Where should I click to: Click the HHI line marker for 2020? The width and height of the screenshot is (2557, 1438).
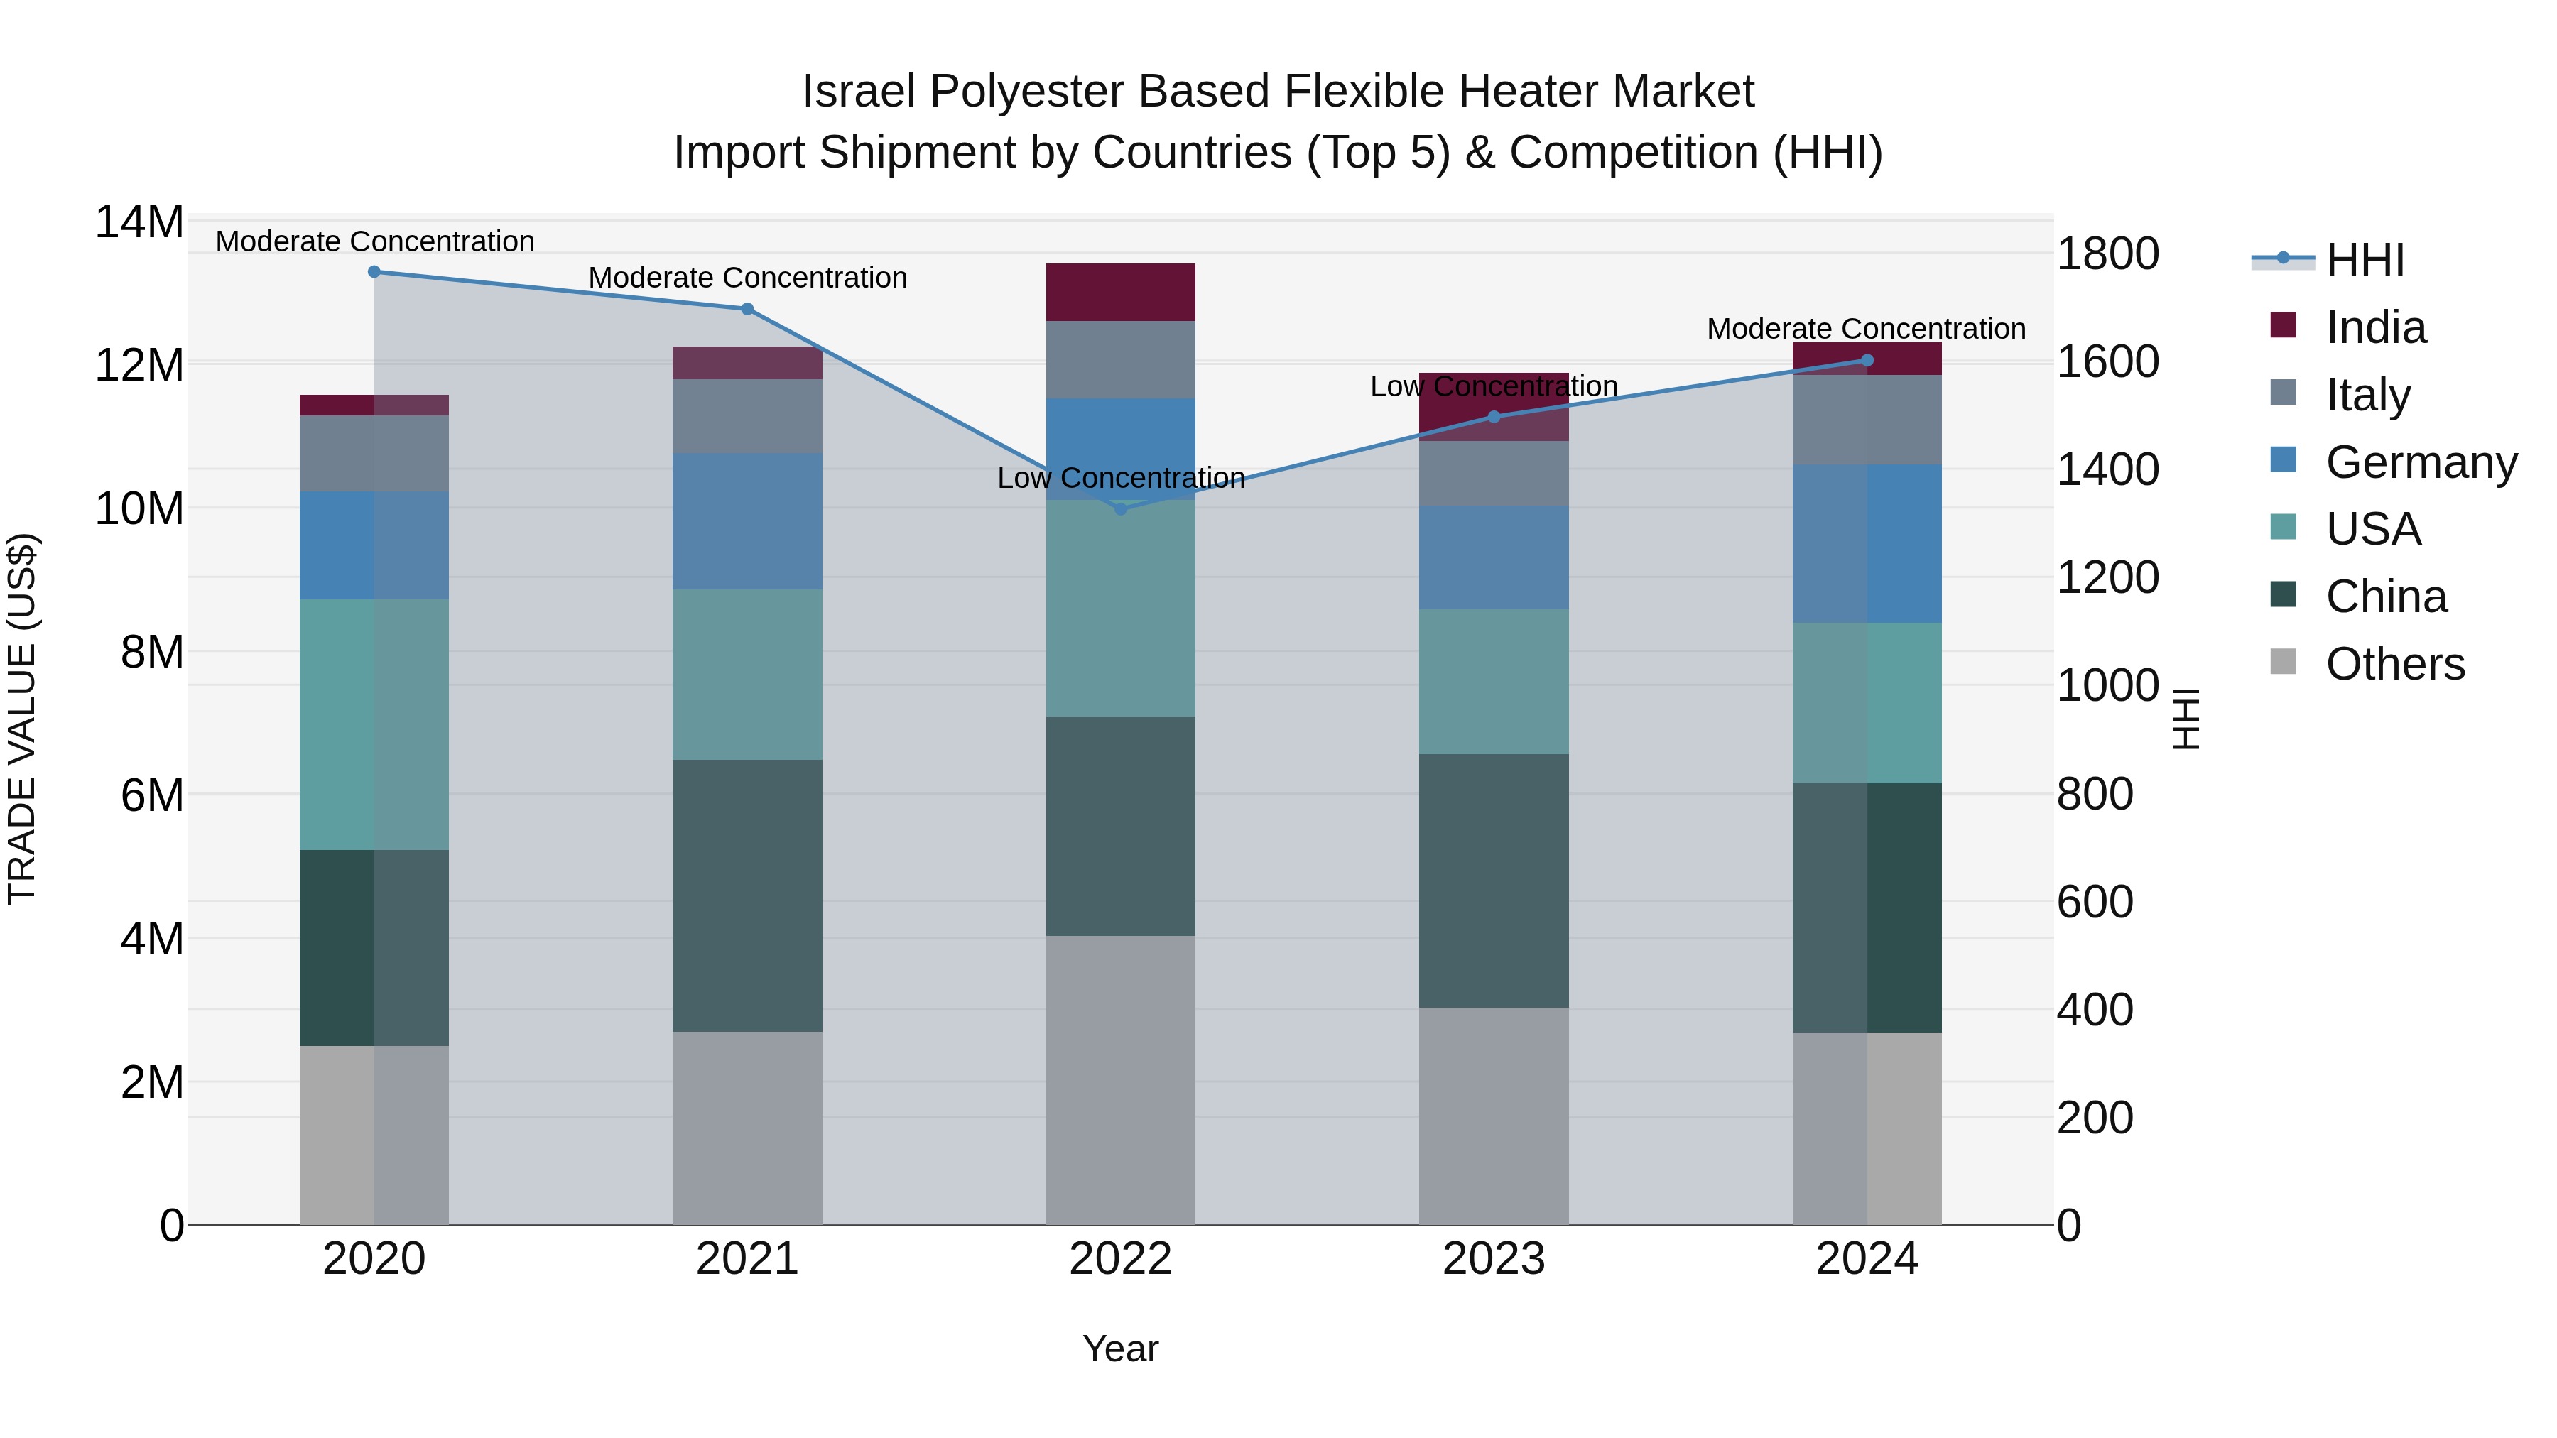point(374,272)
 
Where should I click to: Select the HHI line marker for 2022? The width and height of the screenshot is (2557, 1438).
point(1121,509)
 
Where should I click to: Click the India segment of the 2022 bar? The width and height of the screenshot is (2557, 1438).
point(1121,293)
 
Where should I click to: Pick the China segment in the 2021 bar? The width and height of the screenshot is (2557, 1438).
point(747,895)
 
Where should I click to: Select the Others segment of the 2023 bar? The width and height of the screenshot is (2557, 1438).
point(1494,1116)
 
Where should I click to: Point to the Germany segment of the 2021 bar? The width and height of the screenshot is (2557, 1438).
point(747,521)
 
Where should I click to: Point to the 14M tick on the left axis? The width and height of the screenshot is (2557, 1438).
point(139,222)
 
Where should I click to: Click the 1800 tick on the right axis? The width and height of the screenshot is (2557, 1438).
point(2107,254)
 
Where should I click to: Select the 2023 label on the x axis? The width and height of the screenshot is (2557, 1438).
point(1494,1259)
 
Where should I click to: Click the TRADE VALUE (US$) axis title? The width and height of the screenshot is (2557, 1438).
point(23,719)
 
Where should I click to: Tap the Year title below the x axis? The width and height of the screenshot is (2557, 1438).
point(1121,1349)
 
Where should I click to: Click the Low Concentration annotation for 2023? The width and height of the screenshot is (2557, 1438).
point(1494,386)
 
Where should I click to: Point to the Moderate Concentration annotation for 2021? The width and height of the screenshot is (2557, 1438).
point(747,278)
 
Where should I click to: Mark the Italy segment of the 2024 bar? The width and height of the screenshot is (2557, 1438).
point(1867,420)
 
